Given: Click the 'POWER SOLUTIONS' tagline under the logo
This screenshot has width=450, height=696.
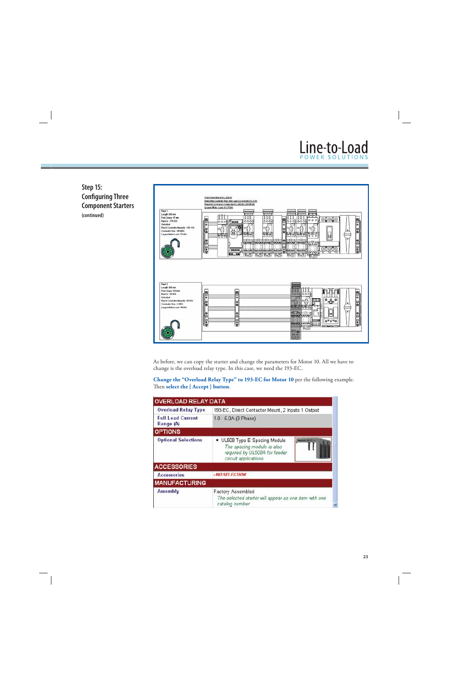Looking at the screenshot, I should coord(333,157).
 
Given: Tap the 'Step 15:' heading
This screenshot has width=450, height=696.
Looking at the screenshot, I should coord(92,187).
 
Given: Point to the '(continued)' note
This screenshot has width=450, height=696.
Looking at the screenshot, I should coord(92,215).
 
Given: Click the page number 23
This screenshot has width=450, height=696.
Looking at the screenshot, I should coord(365,557).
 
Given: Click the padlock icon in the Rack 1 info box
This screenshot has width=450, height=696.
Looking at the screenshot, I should coord(170,249).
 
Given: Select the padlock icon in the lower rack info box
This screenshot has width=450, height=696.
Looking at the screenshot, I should coord(170,329).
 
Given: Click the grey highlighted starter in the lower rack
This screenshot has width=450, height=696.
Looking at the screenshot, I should coord(295,311).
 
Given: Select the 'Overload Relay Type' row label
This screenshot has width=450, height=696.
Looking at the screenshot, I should coord(181,410).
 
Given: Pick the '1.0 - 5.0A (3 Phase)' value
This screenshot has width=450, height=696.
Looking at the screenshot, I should coord(234,419).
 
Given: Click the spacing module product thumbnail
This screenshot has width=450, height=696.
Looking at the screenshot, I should coord(313,449).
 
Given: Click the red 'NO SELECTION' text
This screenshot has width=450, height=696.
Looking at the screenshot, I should coord(231,475).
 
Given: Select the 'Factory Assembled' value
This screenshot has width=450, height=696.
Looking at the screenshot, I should coord(233,491).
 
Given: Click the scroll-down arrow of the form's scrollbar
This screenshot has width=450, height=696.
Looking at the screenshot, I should coord(335,504).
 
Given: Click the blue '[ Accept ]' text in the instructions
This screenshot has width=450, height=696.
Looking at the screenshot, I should coord(200,386).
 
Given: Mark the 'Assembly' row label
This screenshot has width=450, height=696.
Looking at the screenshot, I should coord(168,491).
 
